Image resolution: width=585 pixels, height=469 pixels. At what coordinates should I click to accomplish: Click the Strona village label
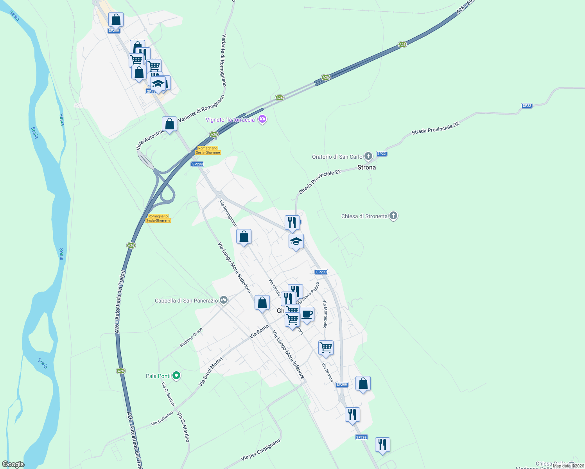(366, 167)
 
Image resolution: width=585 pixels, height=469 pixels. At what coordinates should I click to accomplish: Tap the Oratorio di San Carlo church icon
(368, 156)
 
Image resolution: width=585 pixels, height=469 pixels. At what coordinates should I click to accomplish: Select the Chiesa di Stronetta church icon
(393, 216)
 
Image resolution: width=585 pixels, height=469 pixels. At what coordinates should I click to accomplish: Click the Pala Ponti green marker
(176, 376)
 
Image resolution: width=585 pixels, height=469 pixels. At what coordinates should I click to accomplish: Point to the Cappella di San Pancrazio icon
(224, 300)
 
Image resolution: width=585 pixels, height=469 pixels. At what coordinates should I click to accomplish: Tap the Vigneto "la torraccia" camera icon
(263, 119)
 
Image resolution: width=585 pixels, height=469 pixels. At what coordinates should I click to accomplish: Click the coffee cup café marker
(307, 314)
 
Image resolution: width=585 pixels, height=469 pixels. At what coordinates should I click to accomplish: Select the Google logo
(13, 464)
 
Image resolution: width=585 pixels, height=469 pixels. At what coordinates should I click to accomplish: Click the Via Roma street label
(259, 331)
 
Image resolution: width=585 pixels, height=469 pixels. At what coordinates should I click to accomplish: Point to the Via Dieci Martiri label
(210, 372)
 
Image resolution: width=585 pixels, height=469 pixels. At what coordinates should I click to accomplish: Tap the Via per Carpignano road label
(261, 449)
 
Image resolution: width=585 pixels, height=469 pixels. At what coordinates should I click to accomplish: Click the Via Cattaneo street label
(162, 418)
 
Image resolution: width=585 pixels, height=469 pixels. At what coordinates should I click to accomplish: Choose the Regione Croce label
(191, 337)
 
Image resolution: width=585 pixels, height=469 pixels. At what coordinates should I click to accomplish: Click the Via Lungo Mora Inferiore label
(288, 354)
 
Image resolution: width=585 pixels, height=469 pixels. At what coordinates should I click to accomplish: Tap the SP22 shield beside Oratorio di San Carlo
(381, 154)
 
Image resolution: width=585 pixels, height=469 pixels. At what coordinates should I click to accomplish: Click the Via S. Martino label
(183, 427)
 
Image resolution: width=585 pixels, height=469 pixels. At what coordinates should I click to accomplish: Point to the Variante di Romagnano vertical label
(224, 60)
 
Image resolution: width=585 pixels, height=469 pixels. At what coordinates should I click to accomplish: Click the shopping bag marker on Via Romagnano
(244, 236)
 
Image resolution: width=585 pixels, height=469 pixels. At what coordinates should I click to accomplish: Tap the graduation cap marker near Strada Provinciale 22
(296, 241)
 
